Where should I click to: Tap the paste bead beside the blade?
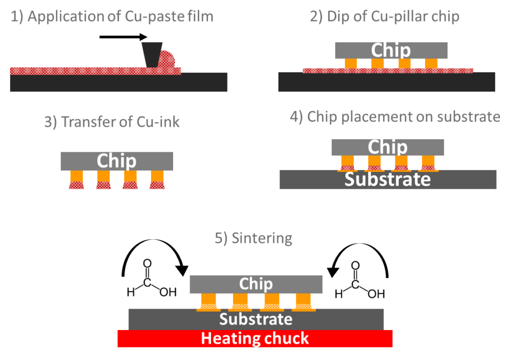[168, 59]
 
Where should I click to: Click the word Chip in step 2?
[391, 50]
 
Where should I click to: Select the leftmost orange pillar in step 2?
[351, 63]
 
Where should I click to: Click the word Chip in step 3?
[116, 161]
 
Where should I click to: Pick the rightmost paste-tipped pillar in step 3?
[157, 180]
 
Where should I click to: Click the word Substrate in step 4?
[387, 179]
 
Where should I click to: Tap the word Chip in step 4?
[387, 147]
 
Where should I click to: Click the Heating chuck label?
[255, 339]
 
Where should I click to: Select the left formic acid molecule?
[151, 278]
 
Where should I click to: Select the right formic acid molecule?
[359, 279]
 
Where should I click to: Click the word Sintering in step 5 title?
[261, 239]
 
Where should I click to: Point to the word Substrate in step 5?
[255, 319]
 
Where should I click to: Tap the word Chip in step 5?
[255, 284]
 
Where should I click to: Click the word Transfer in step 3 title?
[86, 122]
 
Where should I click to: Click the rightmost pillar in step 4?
[428, 163]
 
